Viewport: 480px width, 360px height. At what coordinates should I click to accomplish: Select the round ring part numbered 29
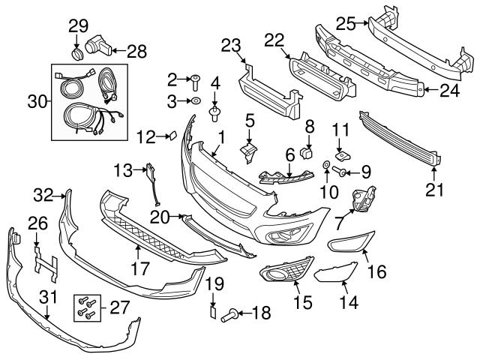click(x=78, y=54)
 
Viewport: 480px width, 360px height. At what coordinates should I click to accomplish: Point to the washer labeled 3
click(x=194, y=100)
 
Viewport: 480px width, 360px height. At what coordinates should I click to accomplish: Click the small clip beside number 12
click(x=171, y=136)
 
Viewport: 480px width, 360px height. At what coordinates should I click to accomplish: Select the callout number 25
click(x=346, y=25)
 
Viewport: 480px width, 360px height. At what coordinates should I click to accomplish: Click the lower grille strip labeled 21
click(x=397, y=138)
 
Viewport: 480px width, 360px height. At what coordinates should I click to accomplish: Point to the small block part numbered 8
click(x=306, y=154)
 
